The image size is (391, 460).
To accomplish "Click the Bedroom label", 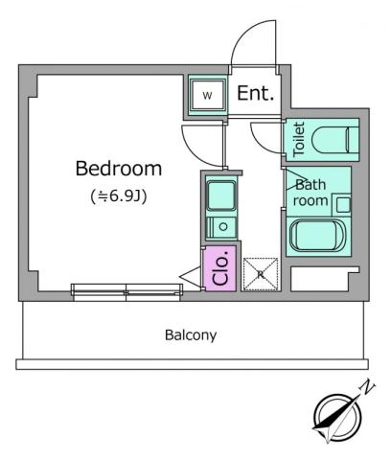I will coord(118,169).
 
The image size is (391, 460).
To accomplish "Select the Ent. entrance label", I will coord(256,94).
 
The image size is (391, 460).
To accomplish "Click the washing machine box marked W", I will coord(208,95).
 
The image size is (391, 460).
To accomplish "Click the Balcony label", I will coord(191,335).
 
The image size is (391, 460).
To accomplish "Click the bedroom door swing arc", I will coord(197,141).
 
